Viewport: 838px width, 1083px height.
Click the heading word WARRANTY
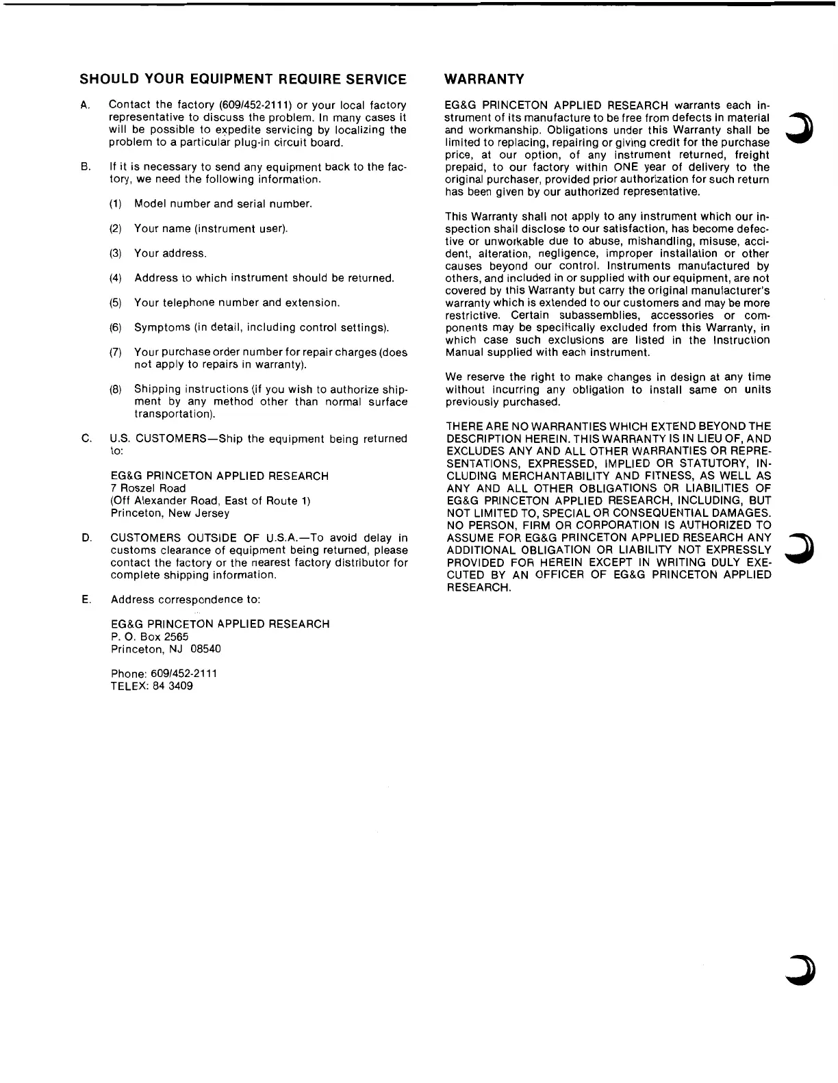tap(484, 79)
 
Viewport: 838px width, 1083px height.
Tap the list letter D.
tap(86, 538)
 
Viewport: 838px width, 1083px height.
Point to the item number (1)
tap(116, 204)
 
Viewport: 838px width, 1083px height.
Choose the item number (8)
tap(116, 390)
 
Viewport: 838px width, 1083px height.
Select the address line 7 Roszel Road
tap(148, 488)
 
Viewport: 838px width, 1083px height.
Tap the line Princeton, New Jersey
tap(170, 513)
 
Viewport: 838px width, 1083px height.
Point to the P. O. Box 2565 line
tap(149, 636)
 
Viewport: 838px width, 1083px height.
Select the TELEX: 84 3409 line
tap(151, 685)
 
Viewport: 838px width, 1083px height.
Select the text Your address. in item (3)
tap(170, 253)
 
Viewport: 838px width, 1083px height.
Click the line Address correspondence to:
tap(186, 600)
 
